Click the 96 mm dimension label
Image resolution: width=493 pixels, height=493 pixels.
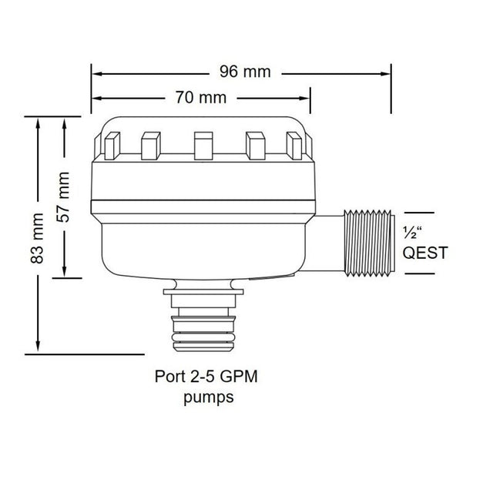245,72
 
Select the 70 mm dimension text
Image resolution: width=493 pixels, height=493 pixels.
201,98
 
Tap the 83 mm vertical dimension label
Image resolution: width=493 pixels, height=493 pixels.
37,238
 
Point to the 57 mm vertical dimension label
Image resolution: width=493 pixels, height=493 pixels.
63,197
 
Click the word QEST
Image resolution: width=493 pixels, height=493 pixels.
425,253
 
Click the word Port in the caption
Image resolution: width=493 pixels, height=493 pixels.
169,377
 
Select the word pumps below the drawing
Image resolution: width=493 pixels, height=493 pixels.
209,397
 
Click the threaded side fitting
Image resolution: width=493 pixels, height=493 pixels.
370,243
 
